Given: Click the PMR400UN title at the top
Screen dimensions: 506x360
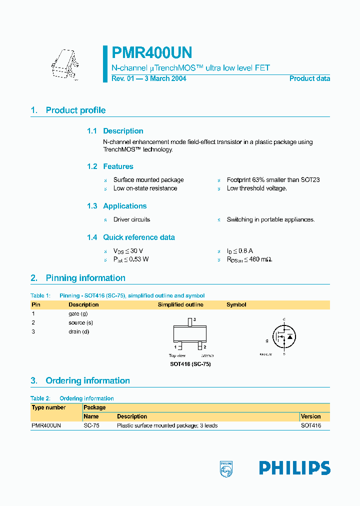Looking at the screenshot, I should pos(152,53).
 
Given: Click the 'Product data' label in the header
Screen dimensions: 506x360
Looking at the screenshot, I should pos(309,78).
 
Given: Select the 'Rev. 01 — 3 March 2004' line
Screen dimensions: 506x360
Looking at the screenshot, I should pos(148,78).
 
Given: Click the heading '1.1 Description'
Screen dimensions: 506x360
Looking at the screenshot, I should pos(115,131).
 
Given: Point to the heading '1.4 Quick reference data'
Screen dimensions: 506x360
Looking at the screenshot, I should pos(131,237).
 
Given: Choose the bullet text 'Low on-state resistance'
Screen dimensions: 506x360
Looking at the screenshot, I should pos(145,188).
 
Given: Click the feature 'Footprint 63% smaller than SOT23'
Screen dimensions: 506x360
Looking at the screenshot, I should pos(273,180).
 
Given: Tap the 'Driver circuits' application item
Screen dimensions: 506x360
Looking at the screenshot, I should pos(131,219).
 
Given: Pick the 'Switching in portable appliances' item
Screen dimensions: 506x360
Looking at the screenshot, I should pos(270,219).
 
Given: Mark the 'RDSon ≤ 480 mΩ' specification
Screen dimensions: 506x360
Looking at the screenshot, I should pos(249,259).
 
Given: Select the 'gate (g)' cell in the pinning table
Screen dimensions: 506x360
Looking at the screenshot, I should pos(78,313).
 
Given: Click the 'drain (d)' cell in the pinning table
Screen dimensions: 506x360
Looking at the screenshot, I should pos(78,331).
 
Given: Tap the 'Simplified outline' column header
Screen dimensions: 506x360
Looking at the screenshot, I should pos(180,304).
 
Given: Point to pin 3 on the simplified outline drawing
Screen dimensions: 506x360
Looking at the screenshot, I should pos(190,321).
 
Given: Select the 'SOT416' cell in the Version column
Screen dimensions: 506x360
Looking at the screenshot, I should pos(310,425).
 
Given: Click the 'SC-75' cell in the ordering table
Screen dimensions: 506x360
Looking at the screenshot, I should pos(91,425).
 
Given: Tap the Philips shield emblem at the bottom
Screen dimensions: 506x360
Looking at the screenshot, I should pos(226,468).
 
